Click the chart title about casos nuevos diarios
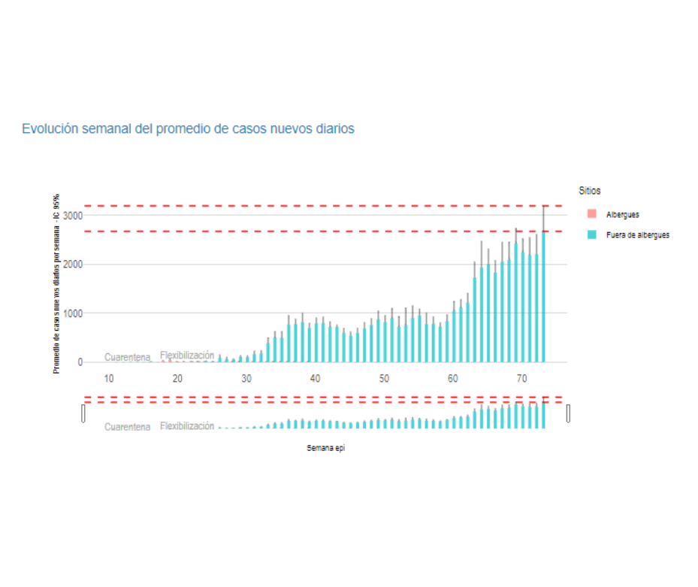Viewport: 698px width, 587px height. coord(188,129)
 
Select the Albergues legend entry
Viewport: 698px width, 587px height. coord(622,215)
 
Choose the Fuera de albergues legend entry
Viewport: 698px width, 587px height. coord(637,235)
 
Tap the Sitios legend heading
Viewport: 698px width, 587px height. coord(590,191)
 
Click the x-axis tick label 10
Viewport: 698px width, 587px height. coord(109,378)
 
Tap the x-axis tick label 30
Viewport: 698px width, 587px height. coord(246,378)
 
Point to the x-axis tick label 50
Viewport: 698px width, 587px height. coord(384,378)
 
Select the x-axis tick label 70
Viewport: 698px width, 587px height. coord(521,378)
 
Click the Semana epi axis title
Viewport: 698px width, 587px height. coord(325,448)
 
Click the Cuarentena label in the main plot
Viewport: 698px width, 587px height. coord(127,357)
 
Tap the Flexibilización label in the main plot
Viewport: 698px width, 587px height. coord(187,356)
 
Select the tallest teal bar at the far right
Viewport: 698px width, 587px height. coord(543,301)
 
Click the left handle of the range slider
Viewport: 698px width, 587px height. coord(83,413)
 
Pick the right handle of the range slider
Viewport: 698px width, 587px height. coord(569,413)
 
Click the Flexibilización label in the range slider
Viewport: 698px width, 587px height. coord(187,426)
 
